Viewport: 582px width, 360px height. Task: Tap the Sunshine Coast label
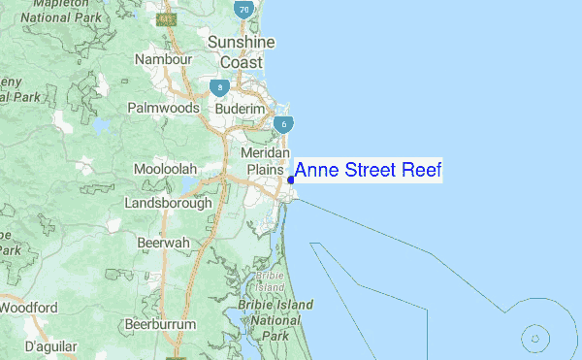[242, 52]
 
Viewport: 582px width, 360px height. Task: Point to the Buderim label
[240, 110]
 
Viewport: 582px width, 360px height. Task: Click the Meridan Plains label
[266, 162]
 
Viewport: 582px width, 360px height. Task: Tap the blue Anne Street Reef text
[368, 172]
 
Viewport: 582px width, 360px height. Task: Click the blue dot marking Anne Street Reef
[291, 180]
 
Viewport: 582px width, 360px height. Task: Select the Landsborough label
[168, 204]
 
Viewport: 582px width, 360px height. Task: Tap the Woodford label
[29, 309]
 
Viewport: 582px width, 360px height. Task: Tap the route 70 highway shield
[243, 10]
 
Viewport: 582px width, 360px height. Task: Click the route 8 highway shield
[222, 88]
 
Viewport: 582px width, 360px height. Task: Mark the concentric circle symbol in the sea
[535, 339]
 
